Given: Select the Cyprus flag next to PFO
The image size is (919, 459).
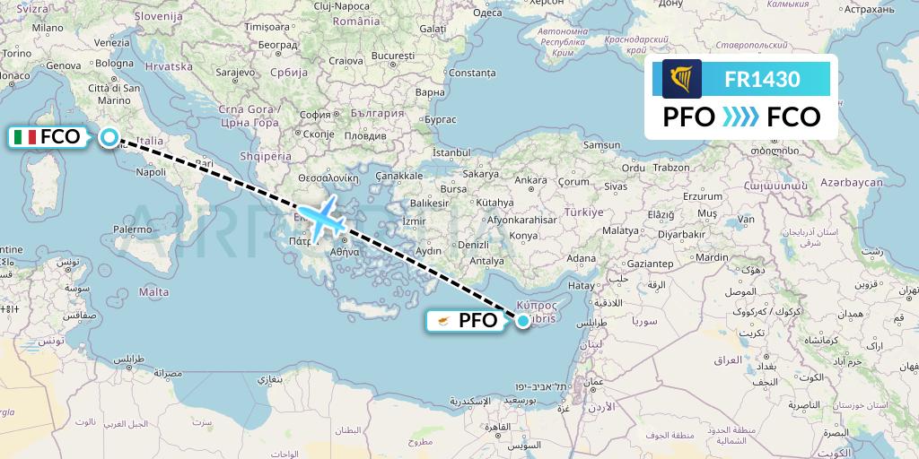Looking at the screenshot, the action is pos(443,320).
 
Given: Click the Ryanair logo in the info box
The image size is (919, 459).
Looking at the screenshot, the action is pos(682,79).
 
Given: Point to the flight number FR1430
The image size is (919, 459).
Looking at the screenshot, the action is pos(762,79).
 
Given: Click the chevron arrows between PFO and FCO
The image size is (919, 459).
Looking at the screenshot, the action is pos(741,117).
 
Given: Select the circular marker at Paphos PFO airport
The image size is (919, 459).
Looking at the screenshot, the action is pos(522,318).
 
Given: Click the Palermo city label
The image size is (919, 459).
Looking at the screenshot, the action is pos(133,229).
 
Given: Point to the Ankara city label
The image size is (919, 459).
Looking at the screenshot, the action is pos(530,180).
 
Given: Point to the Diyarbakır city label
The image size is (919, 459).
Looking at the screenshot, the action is pos(681,235).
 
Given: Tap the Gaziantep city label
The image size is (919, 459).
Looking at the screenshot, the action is pos(650,264).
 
